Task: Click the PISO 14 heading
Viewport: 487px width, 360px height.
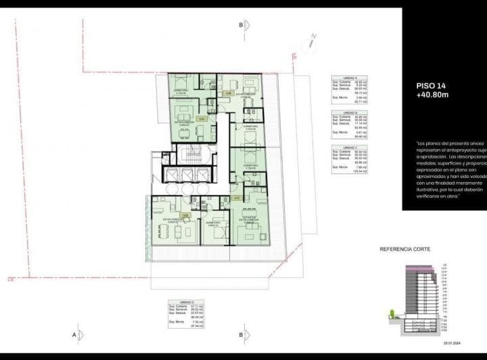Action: (x=430, y=86)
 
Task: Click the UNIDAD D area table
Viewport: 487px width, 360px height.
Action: (x=187, y=315)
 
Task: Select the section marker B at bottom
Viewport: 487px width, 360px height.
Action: (x=240, y=334)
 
